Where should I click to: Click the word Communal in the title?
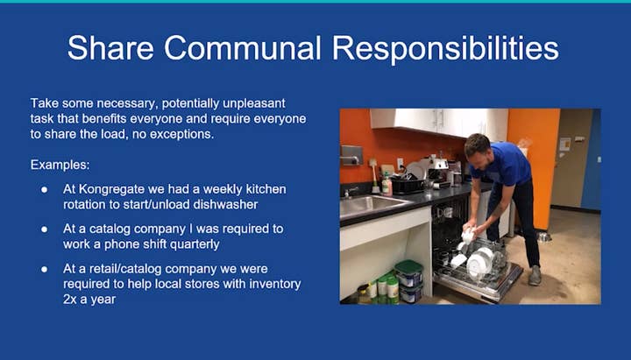(242, 48)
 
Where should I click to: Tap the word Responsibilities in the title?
(445, 49)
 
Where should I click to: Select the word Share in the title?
(110, 48)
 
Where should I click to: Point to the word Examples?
(60, 165)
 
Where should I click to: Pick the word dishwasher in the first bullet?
(225, 204)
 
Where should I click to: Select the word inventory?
(275, 284)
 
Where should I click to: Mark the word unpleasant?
(254, 103)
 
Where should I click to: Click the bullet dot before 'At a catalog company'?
(45, 229)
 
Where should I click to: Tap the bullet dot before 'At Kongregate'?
(45, 189)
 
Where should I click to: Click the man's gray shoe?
(535, 275)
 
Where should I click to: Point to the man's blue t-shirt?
(505, 163)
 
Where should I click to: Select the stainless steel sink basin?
(368, 204)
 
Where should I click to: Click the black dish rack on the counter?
(408, 186)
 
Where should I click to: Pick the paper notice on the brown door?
(564, 144)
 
